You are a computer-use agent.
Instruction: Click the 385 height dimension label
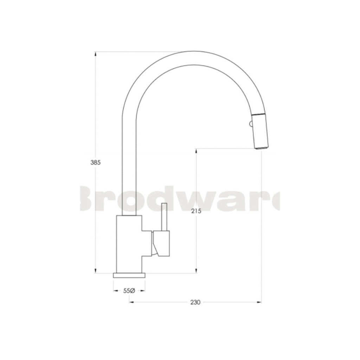[96, 162]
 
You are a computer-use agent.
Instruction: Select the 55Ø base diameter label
[129, 290]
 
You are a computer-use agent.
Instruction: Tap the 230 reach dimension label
[195, 302]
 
